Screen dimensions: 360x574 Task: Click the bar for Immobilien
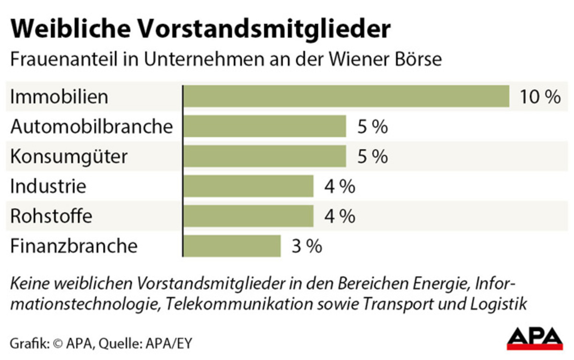pos(346,97)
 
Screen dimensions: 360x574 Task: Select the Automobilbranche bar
pos(265,127)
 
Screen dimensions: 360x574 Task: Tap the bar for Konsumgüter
pos(265,156)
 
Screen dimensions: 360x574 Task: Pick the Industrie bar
pos(248,186)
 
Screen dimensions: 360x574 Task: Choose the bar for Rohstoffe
pos(248,216)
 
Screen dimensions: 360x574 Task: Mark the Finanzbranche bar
pos(232,246)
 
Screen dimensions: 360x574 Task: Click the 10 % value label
pos(540,97)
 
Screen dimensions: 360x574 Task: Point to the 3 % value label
pos(307,246)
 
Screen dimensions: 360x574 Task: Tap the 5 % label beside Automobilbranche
pos(372,127)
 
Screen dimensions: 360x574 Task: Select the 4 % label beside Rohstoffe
pos(340,217)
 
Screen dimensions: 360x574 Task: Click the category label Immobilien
pos(59,97)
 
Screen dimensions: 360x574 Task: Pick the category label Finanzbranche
pos(74,246)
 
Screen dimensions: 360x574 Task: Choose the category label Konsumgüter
pos(69,157)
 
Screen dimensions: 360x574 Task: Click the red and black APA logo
pos(534,338)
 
